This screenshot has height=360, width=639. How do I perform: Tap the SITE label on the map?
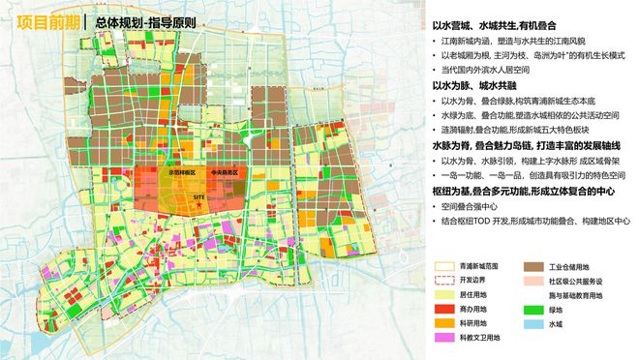[x=198, y=195]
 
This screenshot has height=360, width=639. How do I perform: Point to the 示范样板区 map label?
[x=183, y=172]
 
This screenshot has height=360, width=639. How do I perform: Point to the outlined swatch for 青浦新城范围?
[x=441, y=264]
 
